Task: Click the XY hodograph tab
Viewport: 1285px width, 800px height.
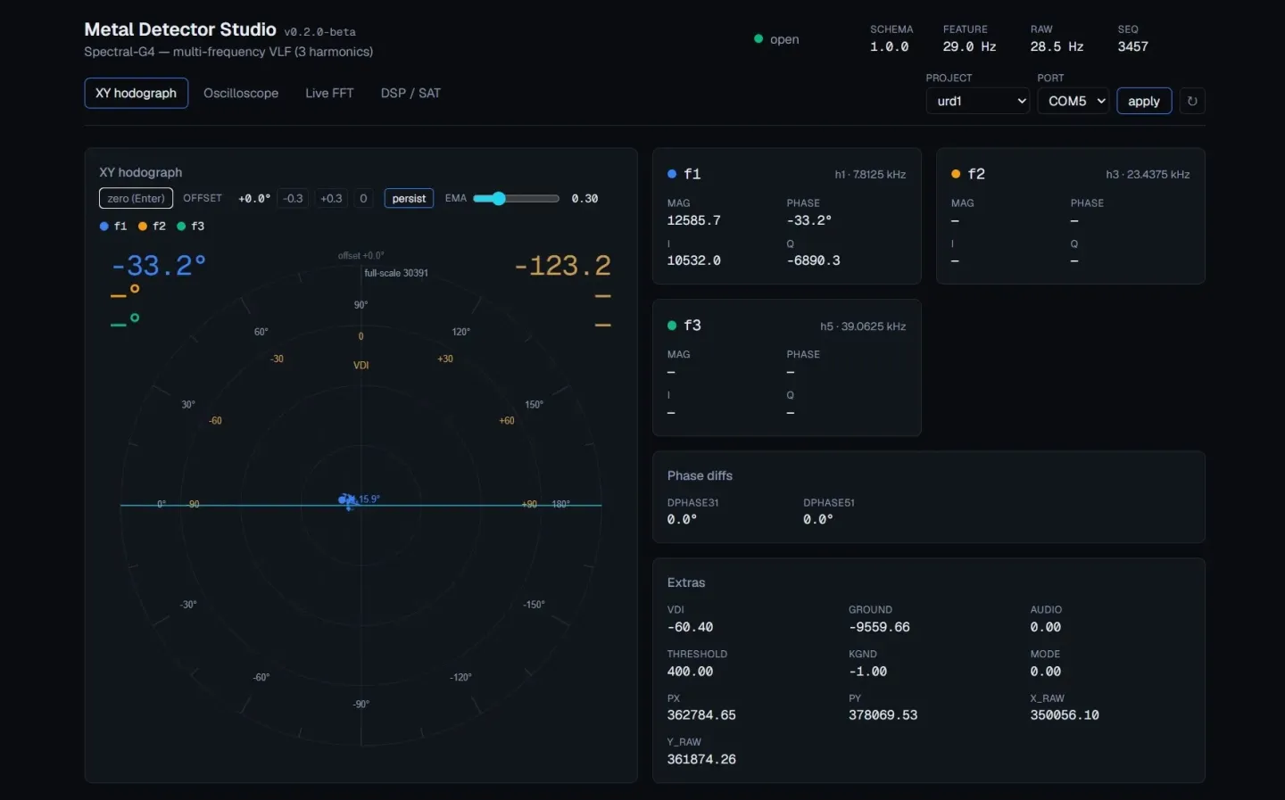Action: click(x=136, y=93)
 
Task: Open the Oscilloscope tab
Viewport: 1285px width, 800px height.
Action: click(x=241, y=93)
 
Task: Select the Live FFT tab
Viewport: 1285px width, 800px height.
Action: click(x=329, y=93)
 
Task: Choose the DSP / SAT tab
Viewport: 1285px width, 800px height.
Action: click(x=410, y=93)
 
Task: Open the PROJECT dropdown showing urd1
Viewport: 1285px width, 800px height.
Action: click(x=977, y=101)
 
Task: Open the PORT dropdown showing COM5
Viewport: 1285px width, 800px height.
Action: click(x=1073, y=101)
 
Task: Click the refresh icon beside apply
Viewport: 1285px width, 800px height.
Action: click(x=1192, y=101)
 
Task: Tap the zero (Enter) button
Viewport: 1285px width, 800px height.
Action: click(x=136, y=198)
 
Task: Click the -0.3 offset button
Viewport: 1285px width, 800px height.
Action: click(x=293, y=198)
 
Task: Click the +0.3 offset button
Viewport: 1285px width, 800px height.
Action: click(x=331, y=198)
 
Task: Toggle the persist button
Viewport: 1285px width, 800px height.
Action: click(x=409, y=198)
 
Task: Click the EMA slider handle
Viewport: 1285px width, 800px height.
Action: click(x=499, y=198)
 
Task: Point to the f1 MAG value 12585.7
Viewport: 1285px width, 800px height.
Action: click(x=693, y=220)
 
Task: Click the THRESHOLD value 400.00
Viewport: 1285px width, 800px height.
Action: click(x=690, y=671)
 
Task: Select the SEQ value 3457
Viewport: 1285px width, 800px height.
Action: click(x=1133, y=46)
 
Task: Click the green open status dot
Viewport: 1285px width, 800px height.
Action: click(x=759, y=39)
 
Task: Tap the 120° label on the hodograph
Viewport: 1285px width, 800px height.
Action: click(x=460, y=332)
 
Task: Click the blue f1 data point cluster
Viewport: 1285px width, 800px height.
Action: click(x=347, y=500)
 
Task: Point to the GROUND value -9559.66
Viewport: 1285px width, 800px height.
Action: click(x=880, y=627)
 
